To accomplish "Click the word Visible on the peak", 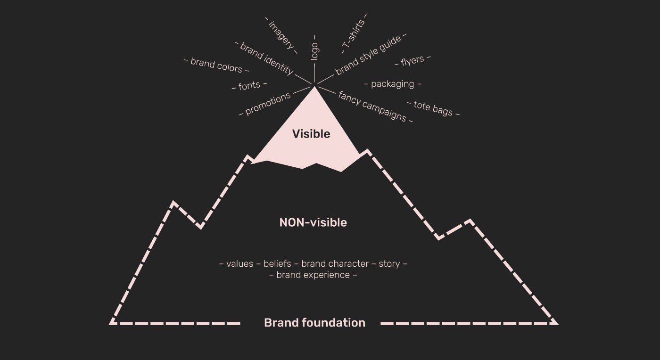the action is (x=311, y=134).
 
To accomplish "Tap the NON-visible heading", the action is (x=313, y=223).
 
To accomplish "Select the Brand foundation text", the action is (x=315, y=323).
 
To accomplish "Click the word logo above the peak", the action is (x=315, y=51).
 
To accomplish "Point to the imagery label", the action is (x=281, y=35).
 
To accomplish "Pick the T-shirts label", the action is (x=354, y=34).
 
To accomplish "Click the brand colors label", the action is (x=216, y=65).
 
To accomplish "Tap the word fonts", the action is (x=249, y=86).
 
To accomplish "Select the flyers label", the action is (x=412, y=61).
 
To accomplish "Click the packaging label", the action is (x=392, y=84).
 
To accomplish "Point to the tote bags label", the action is (x=433, y=108).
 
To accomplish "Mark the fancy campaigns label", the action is (x=372, y=106).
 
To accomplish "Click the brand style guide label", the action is (x=368, y=56).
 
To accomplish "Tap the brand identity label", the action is (x=267, y=58).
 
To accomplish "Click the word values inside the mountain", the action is (x=239, y=264).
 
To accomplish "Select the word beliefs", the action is (x=277, y=264).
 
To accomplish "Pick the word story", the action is (x=389, y=264).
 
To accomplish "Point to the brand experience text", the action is (x=313, y=275).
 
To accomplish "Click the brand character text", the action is (x=335, y=264).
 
